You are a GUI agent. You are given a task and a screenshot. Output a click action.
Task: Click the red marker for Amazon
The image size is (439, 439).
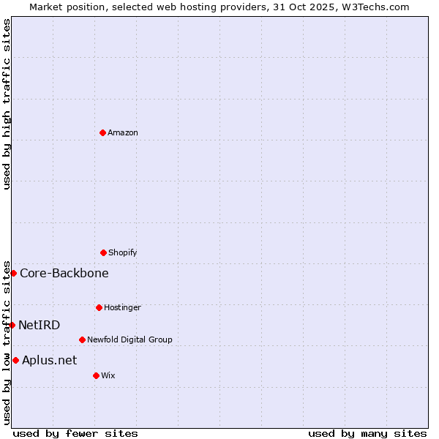coord(102,132)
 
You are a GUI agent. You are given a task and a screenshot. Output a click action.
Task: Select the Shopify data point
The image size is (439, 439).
coord(103,252)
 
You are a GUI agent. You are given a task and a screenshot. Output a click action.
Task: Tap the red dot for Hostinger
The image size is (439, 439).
coord(99,307)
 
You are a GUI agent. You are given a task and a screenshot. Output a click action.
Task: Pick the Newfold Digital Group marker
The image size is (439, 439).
coord(82,339)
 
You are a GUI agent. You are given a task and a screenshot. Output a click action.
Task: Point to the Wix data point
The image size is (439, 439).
coord(96,375)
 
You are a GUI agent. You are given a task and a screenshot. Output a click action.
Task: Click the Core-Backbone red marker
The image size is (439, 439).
coord(13,273)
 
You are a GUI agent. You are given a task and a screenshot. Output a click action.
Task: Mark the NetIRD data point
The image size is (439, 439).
coord(12,325)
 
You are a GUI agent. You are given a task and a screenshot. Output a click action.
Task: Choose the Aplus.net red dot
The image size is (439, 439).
coord(15,360)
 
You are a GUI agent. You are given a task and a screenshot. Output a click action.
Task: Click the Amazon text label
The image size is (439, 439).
coord(123,132)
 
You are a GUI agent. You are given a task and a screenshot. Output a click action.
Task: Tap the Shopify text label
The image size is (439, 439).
coord(122,252)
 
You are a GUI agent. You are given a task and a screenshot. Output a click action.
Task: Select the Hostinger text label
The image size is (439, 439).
coord(122,307)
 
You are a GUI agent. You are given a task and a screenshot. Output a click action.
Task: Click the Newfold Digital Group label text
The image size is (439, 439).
coord(130,339)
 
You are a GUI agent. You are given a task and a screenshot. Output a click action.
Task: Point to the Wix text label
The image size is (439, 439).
coord(108,375)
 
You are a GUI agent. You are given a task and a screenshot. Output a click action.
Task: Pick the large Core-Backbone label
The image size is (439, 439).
coord(64,273)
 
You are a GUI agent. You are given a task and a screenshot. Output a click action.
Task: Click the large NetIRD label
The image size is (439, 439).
coord(40,325)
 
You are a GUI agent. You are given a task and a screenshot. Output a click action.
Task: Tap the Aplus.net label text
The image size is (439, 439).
coord(49,360)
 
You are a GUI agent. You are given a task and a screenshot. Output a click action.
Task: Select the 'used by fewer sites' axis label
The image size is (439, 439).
coord(75,433)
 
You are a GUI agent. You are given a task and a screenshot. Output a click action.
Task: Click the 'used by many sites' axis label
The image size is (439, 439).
coord(367,433)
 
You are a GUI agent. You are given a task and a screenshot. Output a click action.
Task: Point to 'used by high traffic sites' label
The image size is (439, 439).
coord(7,104)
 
